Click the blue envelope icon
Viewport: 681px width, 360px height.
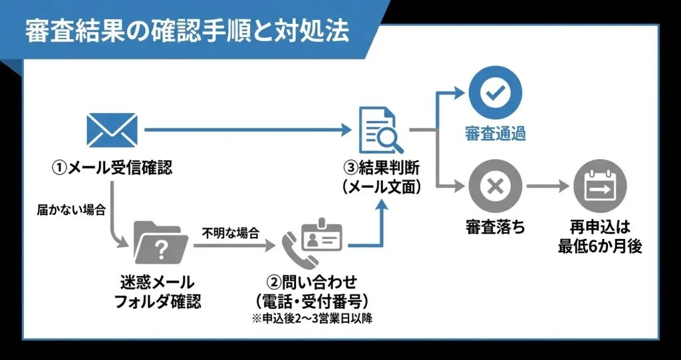[112, 130]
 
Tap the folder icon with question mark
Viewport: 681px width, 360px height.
[159, 245]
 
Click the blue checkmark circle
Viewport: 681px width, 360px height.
[495, 92]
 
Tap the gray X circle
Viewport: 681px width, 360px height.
[495, 187]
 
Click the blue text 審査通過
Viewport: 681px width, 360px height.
[495, 134]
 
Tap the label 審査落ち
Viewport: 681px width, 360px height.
[495, 228]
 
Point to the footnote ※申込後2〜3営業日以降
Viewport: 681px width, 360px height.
[311, 319]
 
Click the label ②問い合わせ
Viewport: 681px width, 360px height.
[311, 281]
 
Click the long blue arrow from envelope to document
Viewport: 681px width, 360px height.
[246, 130]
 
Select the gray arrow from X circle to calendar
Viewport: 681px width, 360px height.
[549, 187]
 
